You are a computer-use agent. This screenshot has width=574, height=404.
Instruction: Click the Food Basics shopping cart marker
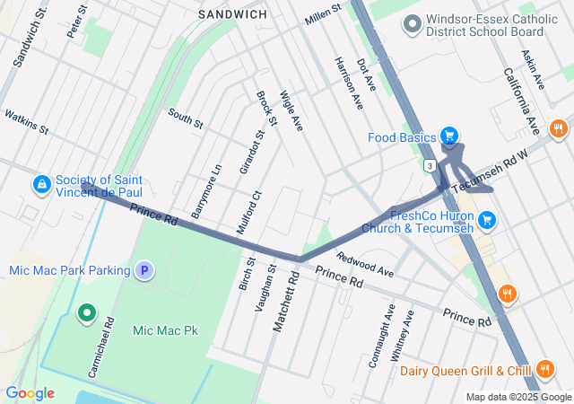(449, 137)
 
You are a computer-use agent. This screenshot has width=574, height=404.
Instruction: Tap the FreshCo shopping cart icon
(487, 219)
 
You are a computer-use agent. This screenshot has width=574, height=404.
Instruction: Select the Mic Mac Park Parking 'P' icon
(144, 269)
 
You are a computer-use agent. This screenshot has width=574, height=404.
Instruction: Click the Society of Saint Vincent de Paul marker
(41, 185)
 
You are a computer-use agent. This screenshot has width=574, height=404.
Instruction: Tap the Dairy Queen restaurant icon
(544, 370)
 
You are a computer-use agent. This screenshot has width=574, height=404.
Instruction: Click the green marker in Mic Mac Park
(86, 313)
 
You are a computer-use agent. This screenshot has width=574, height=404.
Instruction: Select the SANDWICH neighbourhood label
(232, 14)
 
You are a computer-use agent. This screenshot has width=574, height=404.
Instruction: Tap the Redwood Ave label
(365, 265)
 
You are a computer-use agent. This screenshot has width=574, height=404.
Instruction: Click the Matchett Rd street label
(284, 306)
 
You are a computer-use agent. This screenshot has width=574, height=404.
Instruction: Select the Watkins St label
(26, 121)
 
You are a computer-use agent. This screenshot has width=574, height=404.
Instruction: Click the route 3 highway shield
(430, 166)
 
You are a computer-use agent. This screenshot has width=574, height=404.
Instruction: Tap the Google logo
(30, 392)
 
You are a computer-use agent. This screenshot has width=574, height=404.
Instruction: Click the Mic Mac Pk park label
(164, 330)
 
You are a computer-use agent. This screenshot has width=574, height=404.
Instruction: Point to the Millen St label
(324, 13)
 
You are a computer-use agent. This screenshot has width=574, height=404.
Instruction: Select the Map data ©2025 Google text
(517, 397)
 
